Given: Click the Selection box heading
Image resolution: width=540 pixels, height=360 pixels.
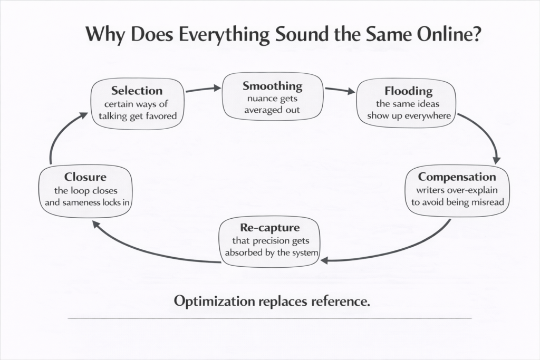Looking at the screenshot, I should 137,90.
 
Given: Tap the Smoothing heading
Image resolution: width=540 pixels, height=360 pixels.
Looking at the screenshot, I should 272,85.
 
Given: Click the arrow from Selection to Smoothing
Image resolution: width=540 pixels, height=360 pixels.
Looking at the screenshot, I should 202,89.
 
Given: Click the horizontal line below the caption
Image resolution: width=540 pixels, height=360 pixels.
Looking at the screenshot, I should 270,318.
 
